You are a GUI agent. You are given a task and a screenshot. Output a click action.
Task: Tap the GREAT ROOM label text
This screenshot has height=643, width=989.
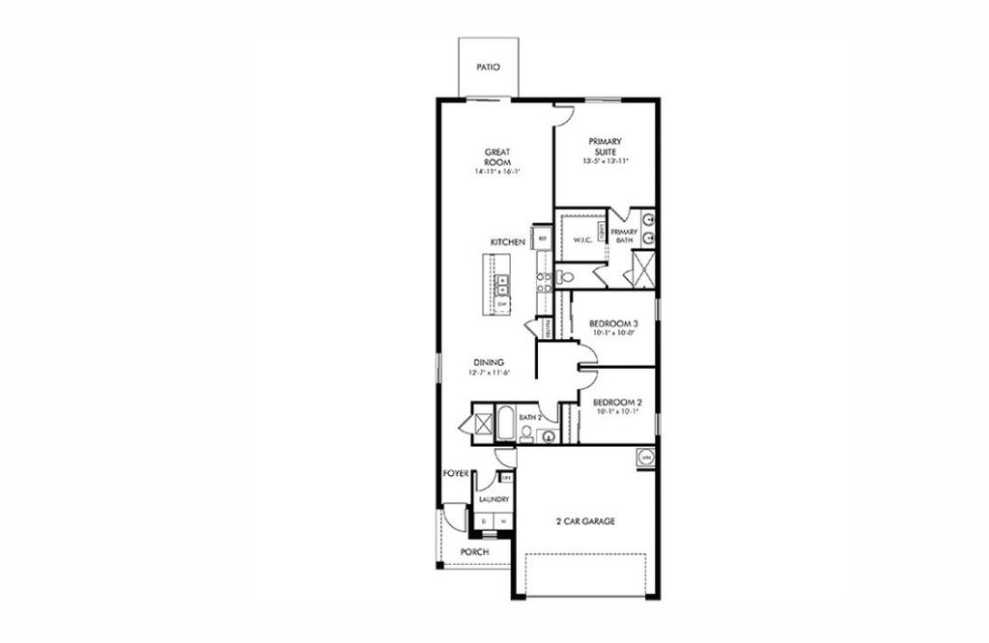497,156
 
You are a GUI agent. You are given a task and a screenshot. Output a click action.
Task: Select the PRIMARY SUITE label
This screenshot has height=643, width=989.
607,146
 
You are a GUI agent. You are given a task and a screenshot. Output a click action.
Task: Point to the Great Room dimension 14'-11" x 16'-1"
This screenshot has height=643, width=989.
497,172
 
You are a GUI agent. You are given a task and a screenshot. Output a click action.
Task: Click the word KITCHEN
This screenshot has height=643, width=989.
507,242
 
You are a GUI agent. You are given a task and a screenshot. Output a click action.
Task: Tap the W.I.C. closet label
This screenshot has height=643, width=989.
582,239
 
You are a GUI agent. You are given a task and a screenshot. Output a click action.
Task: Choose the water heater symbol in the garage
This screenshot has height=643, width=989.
644,456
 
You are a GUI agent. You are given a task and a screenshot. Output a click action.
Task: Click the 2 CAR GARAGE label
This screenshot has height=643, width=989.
586,521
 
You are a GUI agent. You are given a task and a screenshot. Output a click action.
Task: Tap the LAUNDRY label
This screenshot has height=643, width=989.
494,500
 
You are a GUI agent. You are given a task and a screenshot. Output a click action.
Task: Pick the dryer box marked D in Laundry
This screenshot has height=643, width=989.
484,521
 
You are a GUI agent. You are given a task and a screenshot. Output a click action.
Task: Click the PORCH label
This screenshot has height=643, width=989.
474,551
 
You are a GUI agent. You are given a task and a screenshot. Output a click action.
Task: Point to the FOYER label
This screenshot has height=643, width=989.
456,474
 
